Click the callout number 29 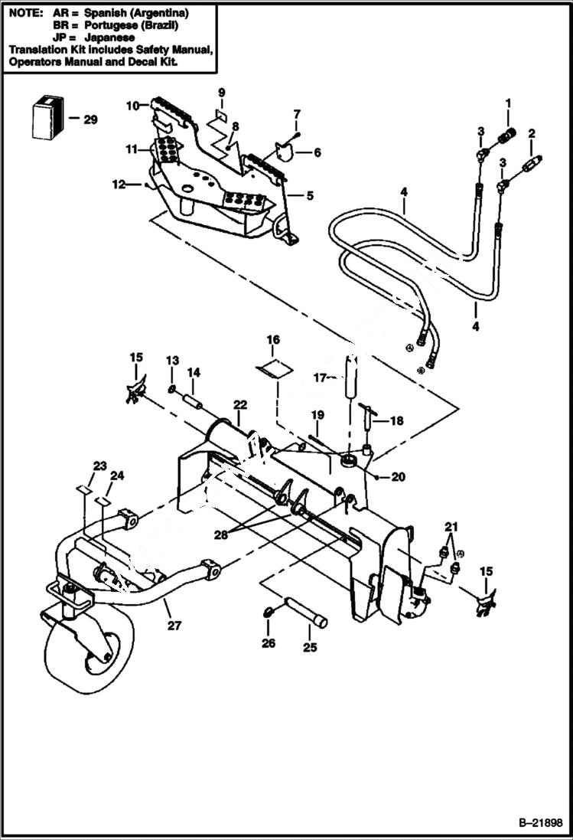point(91,119)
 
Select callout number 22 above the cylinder point(239,404)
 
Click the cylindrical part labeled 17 point(352,375)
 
